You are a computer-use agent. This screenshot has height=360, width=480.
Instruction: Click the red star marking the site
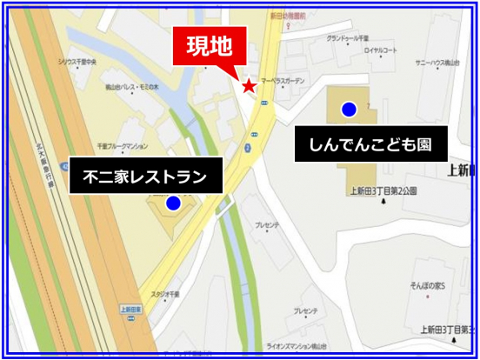250,85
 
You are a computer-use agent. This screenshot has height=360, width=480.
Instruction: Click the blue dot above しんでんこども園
349,109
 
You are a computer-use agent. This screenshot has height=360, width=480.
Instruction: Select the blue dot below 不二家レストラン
173,203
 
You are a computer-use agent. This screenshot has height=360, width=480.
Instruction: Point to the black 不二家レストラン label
144,177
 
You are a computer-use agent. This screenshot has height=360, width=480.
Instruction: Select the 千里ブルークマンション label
122,145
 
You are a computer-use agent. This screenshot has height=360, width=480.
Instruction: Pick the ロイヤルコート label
380,50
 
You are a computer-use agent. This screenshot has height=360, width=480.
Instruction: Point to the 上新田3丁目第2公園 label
383,190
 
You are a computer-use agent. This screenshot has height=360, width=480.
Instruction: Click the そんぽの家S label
428,285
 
